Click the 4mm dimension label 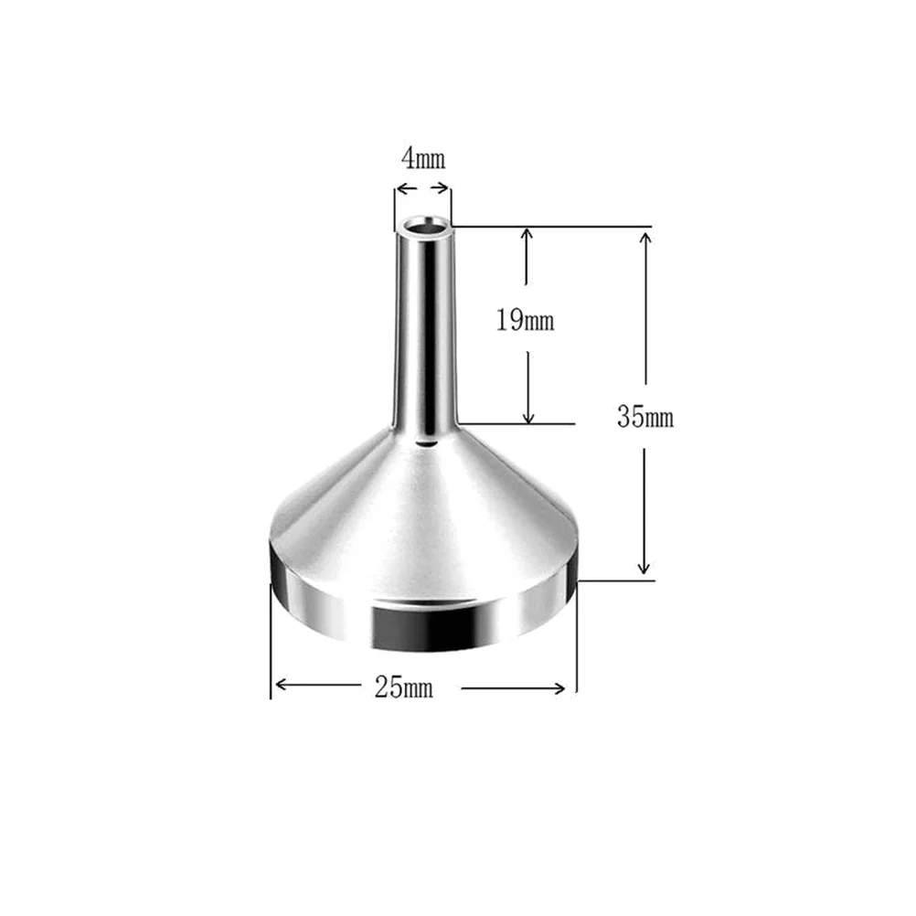click(422, 159)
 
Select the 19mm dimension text click(526, 321)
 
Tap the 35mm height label click(644, 418)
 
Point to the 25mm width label click(403, 687)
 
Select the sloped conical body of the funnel click(421, 521)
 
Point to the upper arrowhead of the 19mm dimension click(527, 235)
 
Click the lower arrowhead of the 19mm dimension click(527, 417)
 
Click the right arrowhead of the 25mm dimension click(568, 686)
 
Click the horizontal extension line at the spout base click(517, 423)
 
